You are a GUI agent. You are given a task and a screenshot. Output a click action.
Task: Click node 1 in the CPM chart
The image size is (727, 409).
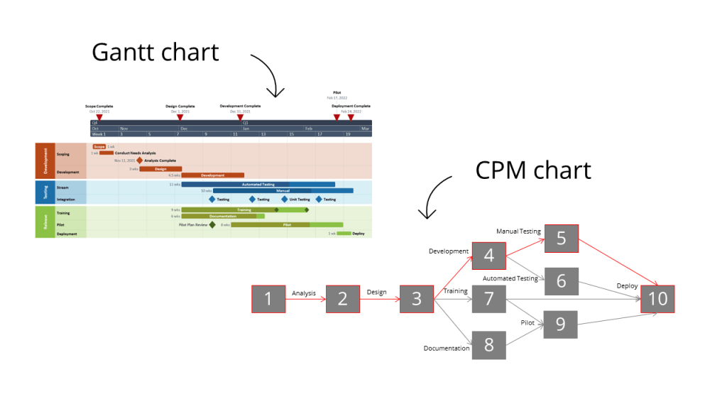pos(268,299)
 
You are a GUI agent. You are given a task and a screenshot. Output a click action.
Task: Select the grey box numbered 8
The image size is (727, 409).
pos(488,345)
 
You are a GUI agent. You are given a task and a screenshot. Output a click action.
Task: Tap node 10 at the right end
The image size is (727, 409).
pos(657,299)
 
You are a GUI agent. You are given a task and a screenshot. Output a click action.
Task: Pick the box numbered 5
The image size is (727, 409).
pos(561,239)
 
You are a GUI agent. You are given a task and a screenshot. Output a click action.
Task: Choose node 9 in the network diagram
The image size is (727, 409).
pos(561,325)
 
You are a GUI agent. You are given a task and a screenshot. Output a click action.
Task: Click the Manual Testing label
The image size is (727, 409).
pos(518,231)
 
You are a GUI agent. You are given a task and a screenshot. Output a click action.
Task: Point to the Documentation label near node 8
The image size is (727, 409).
pos(447,348)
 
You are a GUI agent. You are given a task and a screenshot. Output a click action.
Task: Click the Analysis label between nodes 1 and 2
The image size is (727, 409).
pos(304,293)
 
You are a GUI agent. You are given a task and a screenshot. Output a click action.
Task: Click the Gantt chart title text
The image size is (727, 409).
pos(155,52)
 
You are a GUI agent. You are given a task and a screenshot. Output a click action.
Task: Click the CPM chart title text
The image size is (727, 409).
pos(533,170)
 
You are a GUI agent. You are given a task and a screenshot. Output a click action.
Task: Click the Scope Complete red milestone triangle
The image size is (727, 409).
pos(99,117)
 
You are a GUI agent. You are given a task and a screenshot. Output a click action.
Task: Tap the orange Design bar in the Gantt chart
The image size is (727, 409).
pos(160,169)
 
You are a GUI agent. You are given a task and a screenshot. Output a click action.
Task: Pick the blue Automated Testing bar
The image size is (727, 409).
pos(258,185)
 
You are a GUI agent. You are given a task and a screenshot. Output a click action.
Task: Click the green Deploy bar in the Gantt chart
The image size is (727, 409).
pos(344,233)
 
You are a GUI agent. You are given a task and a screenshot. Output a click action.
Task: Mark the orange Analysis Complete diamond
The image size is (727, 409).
pos(140,160)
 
